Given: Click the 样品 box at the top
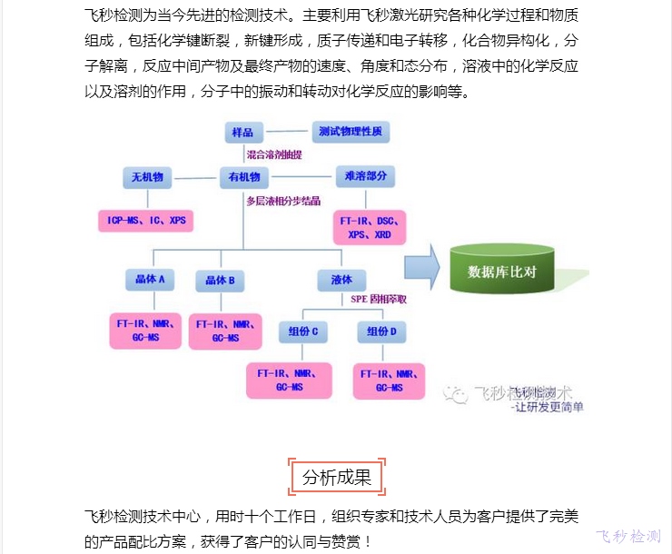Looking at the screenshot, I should [x=242, y=133].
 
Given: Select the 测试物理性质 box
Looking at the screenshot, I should [x=350, y=133].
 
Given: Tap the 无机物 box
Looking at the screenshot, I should [x=146, y=177].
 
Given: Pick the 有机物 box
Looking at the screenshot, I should [x=243, y=177].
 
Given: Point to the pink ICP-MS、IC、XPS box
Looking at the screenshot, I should [x=145, y=220].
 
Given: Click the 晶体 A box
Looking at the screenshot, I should [x=149, y=281].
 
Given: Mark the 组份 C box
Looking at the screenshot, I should [x=303, y=332].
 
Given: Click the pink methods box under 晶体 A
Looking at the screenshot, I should [x=147, y=331].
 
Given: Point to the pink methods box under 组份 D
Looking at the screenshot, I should [x=389, y=380].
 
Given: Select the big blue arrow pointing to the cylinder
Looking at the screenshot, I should [x=422, y=268].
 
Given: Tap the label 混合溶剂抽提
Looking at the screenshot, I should [x=275, y=155].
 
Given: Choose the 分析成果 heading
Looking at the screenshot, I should [x=336, y=478].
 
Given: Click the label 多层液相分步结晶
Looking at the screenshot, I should [x=283, y=200].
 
